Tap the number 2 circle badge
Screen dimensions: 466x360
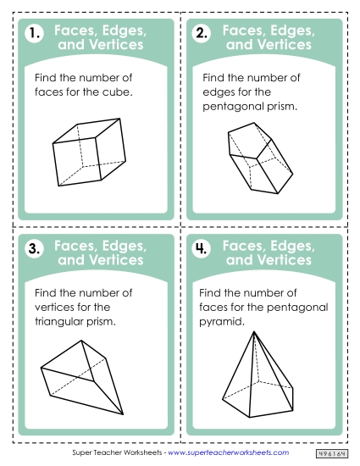202,35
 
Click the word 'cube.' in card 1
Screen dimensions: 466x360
116,92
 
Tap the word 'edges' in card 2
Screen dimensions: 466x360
221,92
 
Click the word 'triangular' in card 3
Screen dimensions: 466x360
62,322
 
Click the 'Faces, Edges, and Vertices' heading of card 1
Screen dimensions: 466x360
100,37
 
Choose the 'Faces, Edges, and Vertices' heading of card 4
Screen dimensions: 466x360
269,252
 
